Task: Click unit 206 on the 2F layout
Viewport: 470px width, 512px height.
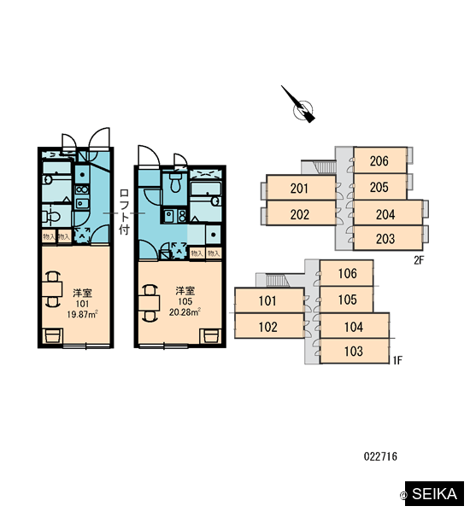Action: point(380,160)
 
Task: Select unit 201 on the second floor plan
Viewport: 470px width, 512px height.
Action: point(302,188)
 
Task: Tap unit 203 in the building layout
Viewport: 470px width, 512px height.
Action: point(388,238)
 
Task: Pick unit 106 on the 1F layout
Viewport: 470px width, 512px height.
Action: point(346,273)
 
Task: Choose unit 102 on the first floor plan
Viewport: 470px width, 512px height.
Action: point(269,326)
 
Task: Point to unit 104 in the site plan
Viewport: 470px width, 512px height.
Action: point(355,326)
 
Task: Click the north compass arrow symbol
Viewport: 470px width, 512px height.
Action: point(300,106)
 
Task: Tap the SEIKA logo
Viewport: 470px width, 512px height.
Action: point(434,493)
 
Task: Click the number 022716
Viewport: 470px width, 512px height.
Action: point(380,457)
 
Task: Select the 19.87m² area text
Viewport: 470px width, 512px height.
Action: point(82,314)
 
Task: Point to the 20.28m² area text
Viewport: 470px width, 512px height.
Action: point(185,312)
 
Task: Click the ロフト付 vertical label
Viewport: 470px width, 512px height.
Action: point(124,212)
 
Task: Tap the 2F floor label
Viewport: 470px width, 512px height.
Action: point(419,260)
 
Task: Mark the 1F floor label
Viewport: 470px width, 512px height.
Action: point(397,360)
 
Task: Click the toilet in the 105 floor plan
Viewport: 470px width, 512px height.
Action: point(176,183)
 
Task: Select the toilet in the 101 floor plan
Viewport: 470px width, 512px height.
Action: point(51,216)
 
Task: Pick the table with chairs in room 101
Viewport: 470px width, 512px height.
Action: point(52,289)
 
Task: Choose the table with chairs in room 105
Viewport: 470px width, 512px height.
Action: point(150,303)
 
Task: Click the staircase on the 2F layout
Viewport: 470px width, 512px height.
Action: point(326,167)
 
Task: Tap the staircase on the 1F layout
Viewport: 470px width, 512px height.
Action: point(278,281)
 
